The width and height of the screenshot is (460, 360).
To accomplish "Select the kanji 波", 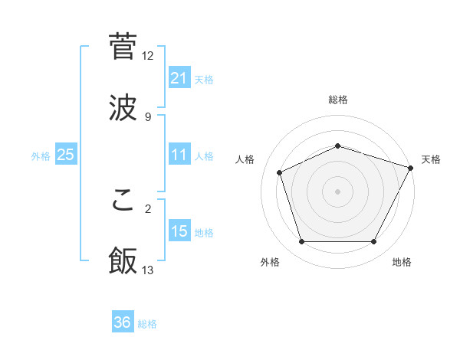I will (123, 106).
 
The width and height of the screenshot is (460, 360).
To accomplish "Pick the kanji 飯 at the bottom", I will (123, 260).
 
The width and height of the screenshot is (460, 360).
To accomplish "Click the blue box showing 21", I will (179, 78).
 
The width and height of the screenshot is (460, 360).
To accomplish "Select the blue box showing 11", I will (179, 155).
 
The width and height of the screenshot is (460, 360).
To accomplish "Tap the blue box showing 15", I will (179, 231).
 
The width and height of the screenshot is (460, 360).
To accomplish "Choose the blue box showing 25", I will (66, 155).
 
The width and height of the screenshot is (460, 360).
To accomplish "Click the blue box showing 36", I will (123, 322).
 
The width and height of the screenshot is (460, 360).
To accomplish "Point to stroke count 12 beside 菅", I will (148, 56).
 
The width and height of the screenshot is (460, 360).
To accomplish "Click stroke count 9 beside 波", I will (148, 117).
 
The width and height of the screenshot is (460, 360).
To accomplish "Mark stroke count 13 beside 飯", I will (148, 270).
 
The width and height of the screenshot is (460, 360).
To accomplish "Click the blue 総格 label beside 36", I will (147, 324).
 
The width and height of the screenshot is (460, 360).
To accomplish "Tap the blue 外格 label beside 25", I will (41, 156).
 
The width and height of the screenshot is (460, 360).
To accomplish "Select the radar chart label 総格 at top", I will (337, 100).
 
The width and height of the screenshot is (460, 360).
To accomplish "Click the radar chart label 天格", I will (431, 159).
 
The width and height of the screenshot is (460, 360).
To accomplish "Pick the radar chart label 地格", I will (402, 262).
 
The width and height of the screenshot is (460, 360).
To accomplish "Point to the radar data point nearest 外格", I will (301, 242).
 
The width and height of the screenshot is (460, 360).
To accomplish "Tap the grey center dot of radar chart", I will (337, 191).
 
